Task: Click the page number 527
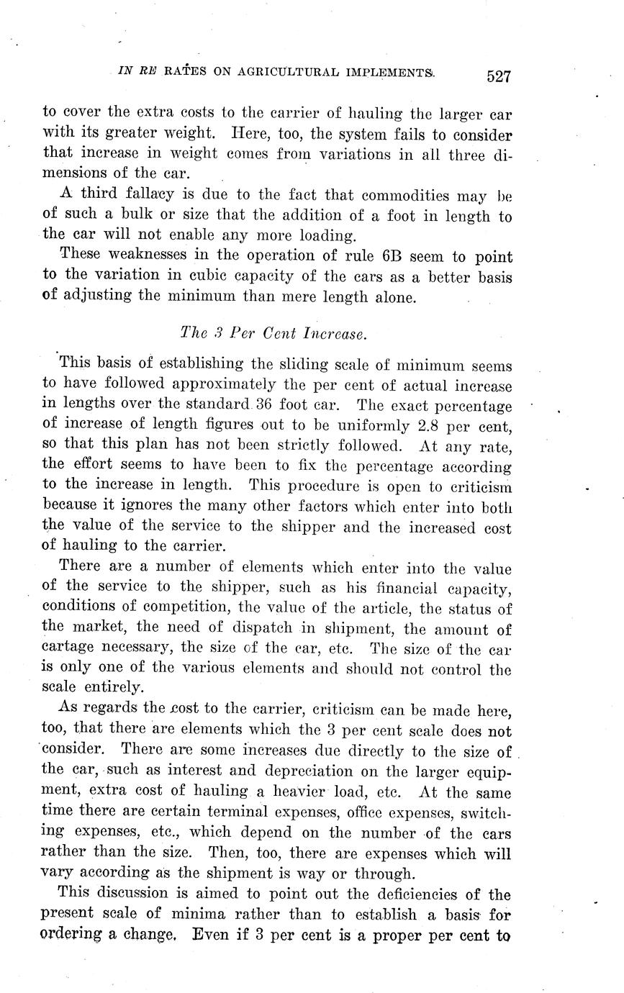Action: tap(497, 76)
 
